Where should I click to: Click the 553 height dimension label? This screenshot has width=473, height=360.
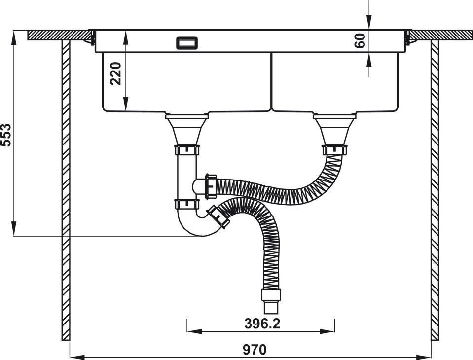coord(6,135)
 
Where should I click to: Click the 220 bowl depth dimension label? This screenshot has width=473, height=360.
coord(116,73)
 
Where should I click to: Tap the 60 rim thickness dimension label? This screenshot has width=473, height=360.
coord(360,41)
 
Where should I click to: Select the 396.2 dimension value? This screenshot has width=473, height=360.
coord(262,324)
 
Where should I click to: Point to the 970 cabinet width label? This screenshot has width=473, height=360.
coord(255,350)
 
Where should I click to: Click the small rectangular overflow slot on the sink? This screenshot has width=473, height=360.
coord(187,42)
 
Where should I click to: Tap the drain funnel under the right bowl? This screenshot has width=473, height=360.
coord(335,129)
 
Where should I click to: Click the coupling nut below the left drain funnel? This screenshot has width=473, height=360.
coord(187,150)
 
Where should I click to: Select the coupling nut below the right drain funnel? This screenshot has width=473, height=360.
coord(335,150)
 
